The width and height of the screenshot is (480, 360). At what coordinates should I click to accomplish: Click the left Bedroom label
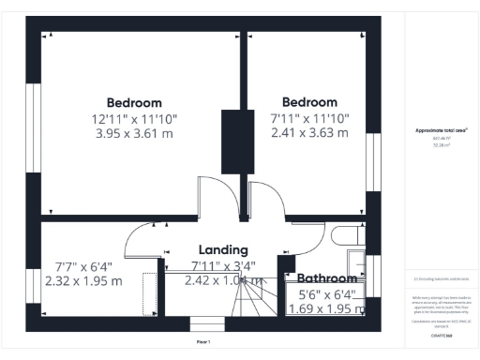tap(134, 103)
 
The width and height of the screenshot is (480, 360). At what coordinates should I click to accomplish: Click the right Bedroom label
tap(309, 102)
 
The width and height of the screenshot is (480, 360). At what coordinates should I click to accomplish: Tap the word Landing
tap(223, 250)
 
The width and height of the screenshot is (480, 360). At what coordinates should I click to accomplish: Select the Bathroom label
tap(327, 278)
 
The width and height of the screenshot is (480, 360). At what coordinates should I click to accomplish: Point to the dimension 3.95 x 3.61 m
tap(134, 133)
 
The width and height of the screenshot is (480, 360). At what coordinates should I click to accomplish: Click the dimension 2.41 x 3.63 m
tap(309, 132)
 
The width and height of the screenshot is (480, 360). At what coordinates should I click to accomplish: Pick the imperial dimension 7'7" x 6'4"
tap(83, 266)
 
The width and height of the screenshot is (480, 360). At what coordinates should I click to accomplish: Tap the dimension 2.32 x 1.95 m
tap(83, 281)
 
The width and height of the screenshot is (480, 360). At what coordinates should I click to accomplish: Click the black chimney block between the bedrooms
tap(232, 141)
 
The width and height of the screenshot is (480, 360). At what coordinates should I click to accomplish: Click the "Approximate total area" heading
tap(441, 130)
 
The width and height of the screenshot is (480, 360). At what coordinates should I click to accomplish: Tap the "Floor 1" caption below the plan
tap(203, 343)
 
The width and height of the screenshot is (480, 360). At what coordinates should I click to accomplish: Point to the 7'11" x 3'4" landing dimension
tap(223, 265)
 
